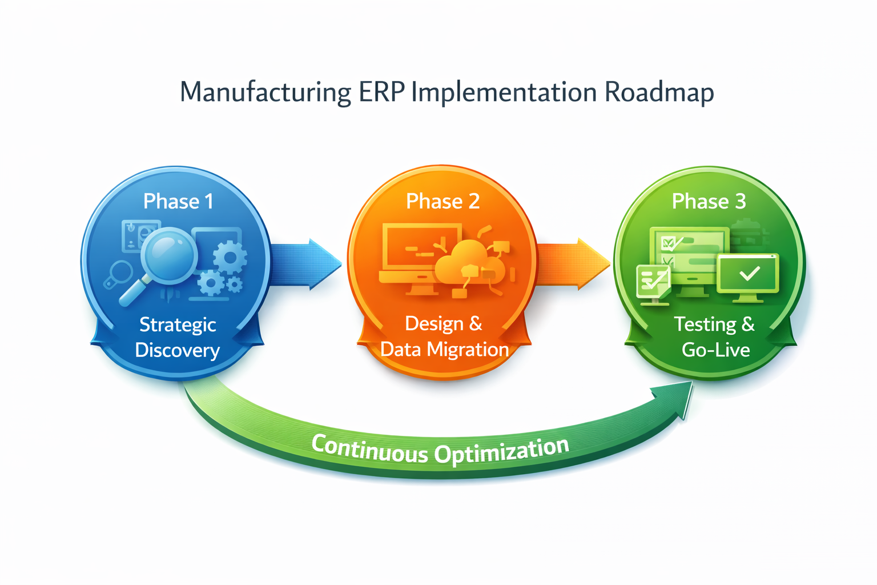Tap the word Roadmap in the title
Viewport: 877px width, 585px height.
tap(659, 93)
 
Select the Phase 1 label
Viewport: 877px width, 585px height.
tap(178, 201)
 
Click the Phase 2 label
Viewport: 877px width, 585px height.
tap(442, 201)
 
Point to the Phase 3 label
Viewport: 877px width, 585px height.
tap(709, 201)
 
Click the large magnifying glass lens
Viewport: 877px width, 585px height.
tap(168, 255)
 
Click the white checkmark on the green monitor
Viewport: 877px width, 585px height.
tap(749, 274)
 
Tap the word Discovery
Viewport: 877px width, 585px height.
tap(178, 350)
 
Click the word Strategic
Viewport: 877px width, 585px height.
tap(178, 324)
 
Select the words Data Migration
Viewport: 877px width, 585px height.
tap(444, 349)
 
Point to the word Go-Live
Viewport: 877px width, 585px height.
tap(715, 350)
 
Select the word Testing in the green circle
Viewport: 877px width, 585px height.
tap(705, 324)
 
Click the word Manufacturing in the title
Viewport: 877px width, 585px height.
tap(265, 93)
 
